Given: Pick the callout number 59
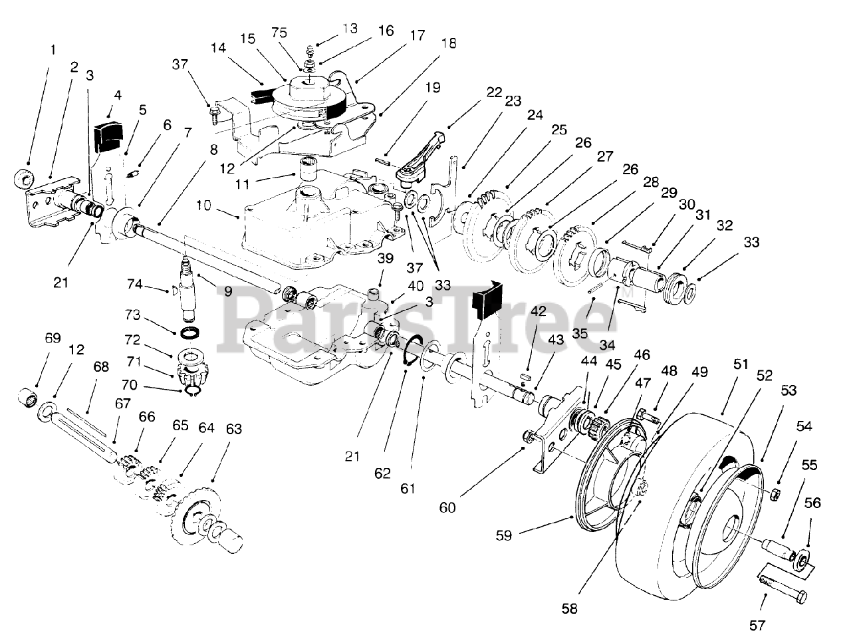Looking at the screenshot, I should [x=504, y=535].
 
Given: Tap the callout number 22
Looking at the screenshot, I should [x=493, y=92].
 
